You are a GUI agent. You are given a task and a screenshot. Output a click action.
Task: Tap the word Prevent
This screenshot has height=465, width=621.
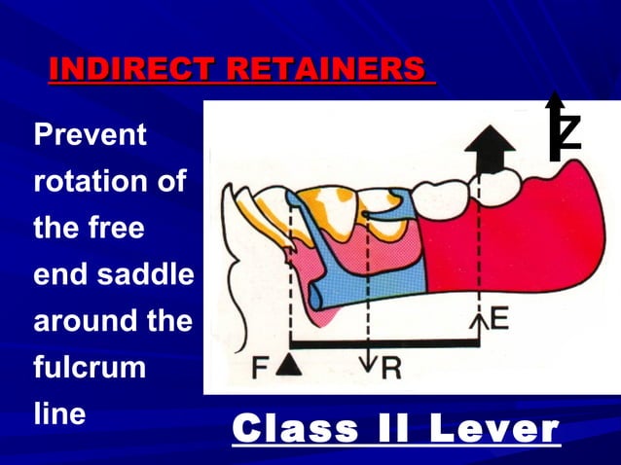tap(91, 135)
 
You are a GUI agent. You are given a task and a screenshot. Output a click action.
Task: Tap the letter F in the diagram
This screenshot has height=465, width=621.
tap(261, 368)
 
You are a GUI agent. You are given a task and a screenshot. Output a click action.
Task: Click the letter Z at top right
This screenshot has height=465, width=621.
tap(568, 132)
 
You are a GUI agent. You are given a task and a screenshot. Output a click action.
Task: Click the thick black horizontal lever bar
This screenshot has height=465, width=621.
tap(385, 342)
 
